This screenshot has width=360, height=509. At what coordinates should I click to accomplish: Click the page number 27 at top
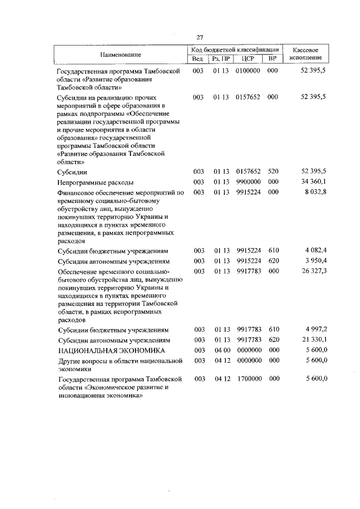(199, 37)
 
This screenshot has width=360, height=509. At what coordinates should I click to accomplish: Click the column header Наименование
(121, 55)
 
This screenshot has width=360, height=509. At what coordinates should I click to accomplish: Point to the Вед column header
(197, 58)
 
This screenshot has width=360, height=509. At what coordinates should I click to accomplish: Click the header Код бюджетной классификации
(235, 50)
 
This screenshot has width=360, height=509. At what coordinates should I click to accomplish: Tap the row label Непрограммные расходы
(96, 183)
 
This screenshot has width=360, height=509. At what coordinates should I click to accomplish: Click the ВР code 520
(273, 171)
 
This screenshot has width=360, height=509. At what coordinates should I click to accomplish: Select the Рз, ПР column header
(220, 58)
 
